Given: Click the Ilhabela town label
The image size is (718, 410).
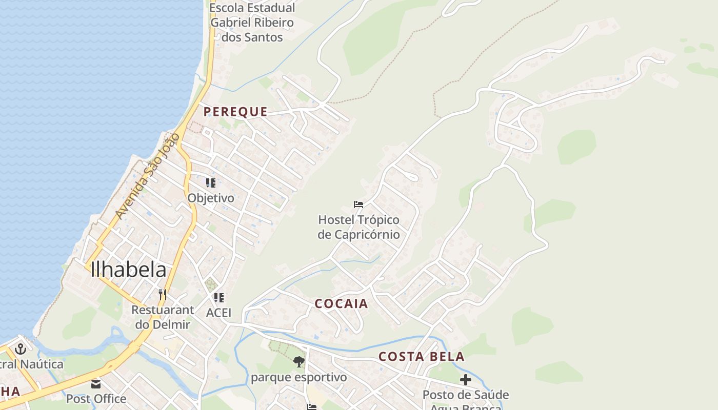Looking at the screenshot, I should pos(128,270).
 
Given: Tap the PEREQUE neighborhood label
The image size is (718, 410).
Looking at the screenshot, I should pos(235,112).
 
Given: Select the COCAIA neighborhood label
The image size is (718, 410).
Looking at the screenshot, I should pos(341,303).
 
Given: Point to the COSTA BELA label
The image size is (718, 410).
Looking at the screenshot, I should pos(422,357).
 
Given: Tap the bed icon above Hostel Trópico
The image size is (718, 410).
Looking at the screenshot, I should pos(358,204).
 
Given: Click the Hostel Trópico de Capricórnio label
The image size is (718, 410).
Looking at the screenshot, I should pos(358,227).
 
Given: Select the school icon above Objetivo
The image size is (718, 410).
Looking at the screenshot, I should pos(210,183).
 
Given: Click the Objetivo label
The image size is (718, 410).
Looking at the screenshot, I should pos(211,198).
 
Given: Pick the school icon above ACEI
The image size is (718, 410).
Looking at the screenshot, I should pos(219,298).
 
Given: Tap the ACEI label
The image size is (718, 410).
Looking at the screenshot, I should pos(219,313).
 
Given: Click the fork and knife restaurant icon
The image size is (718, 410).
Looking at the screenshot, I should pos(163,294).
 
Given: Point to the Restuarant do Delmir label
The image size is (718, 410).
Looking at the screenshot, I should pos(163,317).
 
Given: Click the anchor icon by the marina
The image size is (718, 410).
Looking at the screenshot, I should pos(21,349).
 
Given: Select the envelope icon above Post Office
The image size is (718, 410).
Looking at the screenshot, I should pos(96,384).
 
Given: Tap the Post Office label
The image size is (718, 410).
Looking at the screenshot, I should pos(96,398).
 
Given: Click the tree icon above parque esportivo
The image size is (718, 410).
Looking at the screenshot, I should pos(298,362).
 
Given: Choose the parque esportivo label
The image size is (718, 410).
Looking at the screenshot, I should pos(298,378).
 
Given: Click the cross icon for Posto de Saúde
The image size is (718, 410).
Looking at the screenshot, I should pos(466,380).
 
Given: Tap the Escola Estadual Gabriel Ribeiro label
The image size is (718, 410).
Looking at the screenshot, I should pos(252,23).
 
